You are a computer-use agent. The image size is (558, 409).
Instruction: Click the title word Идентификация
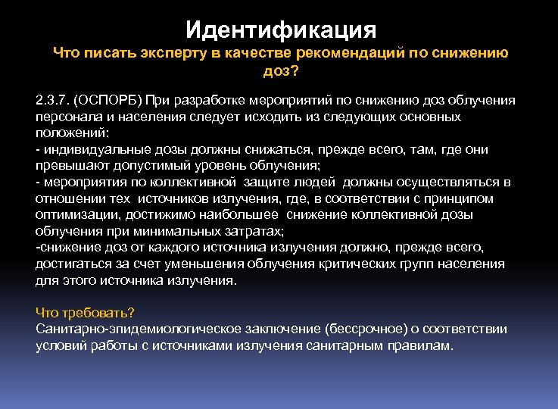point(280,30)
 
